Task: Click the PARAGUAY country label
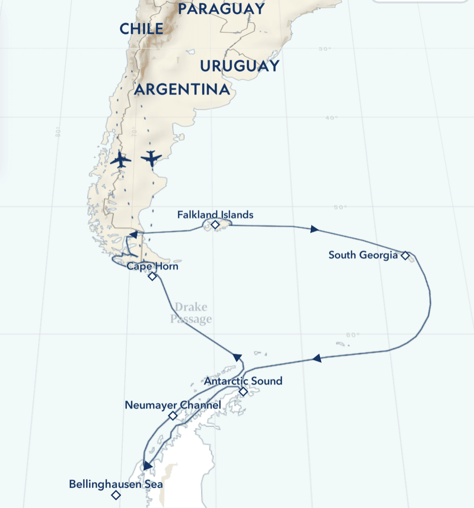pyautogui.click(x=221, y=9)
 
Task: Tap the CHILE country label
pyautogui.click(x=141, y=28)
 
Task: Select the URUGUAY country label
pyautogui.click(x=239, y=66)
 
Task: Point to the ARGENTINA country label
pyautogui.click(x=182, y=89)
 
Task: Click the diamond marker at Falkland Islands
pyautogui.click(x=215, y=225)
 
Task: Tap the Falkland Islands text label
pyautogui.click(x=215, y=215)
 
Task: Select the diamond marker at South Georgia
pyautogui.click(x=405, y=255)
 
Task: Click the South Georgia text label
pyautogui.click(x=363, y=255)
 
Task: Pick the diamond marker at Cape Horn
pyautogui.click(x=152, y=277)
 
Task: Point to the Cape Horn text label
pyautogui.click(x=152, y=266)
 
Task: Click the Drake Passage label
pyautogui.click(x=191, y=313)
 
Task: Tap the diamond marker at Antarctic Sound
pyautogui.click(x=243, y=392)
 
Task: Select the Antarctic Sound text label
pyautogui.click(x=243, y=381)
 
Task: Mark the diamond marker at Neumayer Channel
pyautogui.click(x=173, y=416)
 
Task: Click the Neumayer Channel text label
pyautogui.click(x=173, y=405)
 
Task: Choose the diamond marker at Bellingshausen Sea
pyautogui.click(x=116, y=495)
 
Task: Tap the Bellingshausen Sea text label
pyautogui.click(x=116, y=484)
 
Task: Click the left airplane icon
pyautogui.click(x=120, y=160)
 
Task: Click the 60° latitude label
pyautogui.click(x=353, y=335)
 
